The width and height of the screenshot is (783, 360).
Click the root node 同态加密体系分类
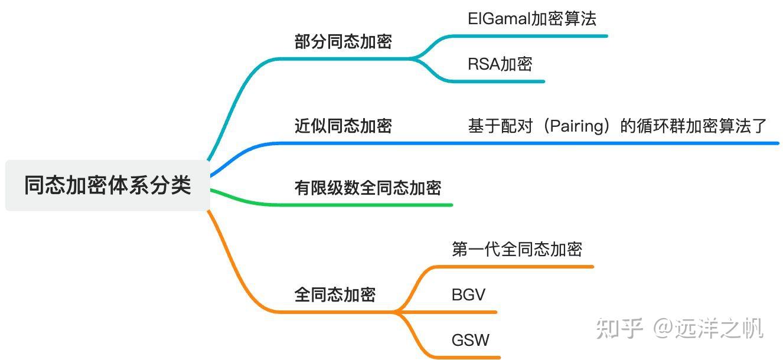(107, 185)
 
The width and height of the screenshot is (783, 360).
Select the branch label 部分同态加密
(342, 42)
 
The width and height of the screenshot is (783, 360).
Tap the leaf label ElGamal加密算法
(531, 19)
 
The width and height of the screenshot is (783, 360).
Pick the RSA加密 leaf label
(500, 64)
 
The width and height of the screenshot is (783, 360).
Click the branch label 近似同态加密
(342, 126)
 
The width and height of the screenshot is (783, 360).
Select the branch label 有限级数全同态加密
(367, 188)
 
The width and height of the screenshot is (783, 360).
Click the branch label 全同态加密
(334, 294)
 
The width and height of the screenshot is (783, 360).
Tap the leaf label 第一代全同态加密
(517, 249)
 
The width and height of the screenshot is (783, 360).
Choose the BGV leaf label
(468, 294)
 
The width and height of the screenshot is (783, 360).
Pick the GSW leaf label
(470, 340)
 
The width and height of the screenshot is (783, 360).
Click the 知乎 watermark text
(619, 328)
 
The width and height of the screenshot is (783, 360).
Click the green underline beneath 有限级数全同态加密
(366, 205)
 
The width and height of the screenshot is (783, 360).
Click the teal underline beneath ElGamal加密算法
(531, 36)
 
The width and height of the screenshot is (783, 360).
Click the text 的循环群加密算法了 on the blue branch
(693, 126)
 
